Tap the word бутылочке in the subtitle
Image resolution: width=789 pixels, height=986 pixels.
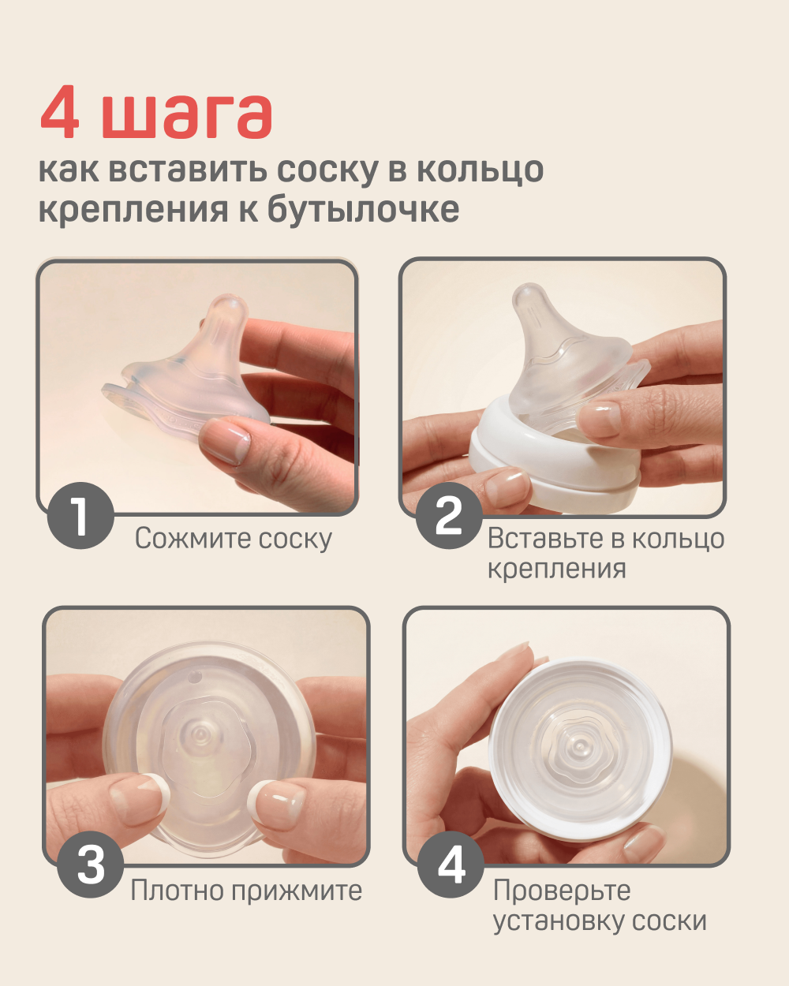(x=363, y=209)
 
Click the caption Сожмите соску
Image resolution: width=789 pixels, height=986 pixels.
(x=233, y=539)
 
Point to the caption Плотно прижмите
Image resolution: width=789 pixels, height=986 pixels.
(x=246, y=891)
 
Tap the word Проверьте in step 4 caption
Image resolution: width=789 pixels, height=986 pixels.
(x=562, y=891)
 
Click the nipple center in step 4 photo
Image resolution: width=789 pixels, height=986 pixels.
(x=580, y=744)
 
